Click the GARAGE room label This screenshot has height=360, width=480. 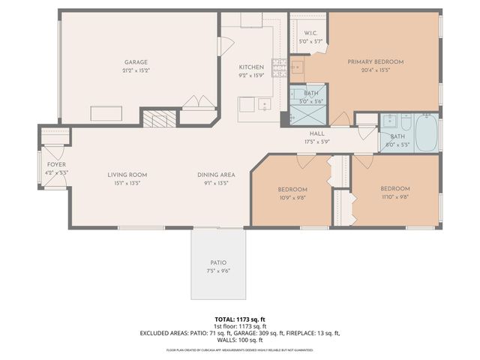pos(136,62)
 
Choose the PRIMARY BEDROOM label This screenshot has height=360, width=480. pos(376,61)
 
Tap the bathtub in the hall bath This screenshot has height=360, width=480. pos(427,132)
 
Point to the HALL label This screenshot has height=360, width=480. pos(316,133)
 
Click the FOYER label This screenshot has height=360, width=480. pos(56,163)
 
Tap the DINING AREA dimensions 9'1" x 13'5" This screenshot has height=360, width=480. pos(217,183)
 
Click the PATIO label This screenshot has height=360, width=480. pos(218,262)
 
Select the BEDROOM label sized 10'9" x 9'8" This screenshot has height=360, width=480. pos(292,188)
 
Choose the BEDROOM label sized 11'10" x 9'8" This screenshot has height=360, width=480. pos(394,188)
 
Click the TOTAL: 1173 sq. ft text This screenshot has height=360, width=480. pos(240,319)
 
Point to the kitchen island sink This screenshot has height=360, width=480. pos(264,105)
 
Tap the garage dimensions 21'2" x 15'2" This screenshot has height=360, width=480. pos(136,70)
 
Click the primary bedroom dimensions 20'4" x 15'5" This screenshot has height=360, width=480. pos(376,70)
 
